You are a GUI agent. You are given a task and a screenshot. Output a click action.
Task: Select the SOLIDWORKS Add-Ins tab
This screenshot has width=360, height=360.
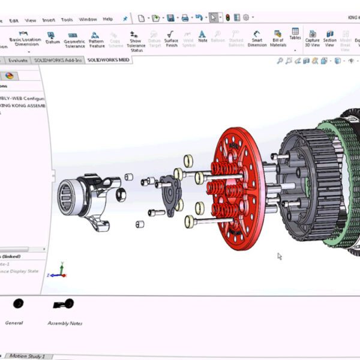[59, 60]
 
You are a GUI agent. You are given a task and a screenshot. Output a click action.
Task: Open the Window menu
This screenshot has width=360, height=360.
[88, 19]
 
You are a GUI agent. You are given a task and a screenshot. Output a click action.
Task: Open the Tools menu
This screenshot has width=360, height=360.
[67, 19]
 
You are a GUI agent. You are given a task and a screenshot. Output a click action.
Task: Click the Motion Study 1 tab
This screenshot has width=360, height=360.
[26, 356]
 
